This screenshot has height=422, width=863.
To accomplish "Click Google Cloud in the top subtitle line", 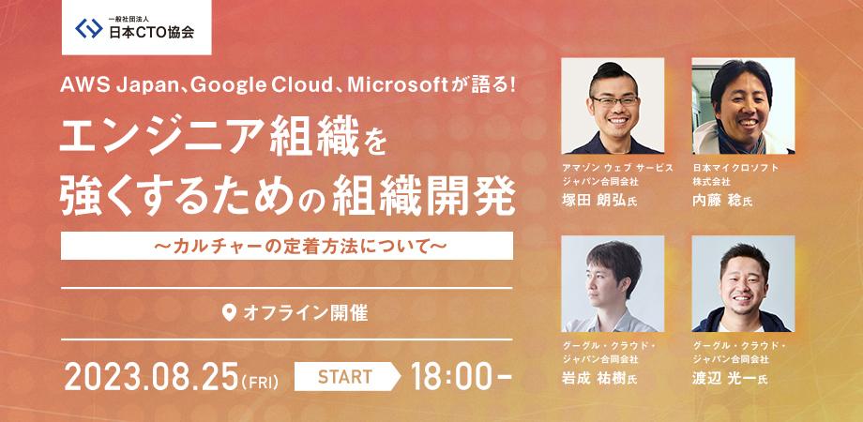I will [261, 86].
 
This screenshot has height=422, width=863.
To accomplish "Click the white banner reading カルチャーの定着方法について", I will [287, 246].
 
